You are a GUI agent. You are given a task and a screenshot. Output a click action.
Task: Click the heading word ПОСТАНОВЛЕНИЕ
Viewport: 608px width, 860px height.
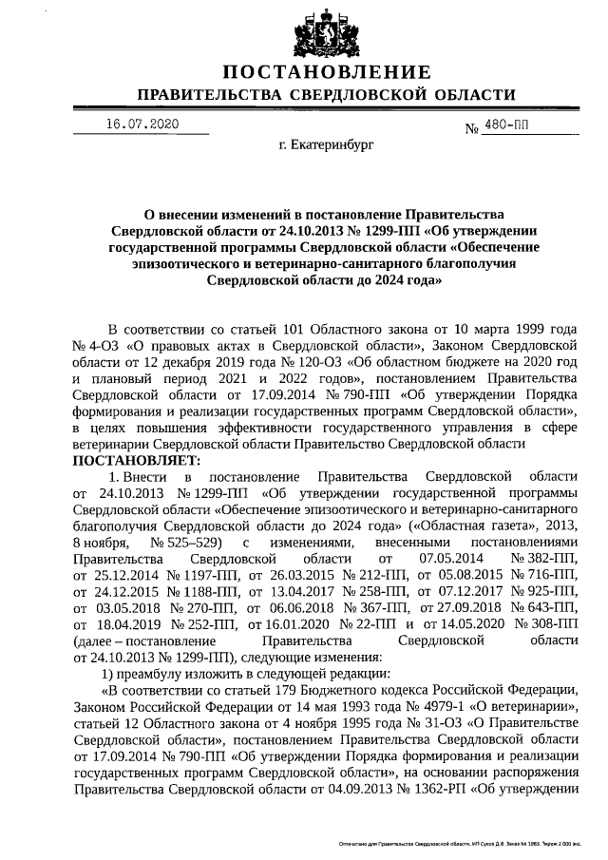326,73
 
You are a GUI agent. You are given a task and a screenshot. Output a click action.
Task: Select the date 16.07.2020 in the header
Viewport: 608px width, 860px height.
142,124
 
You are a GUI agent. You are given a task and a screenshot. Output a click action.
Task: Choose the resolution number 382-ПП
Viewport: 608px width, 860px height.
543,557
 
